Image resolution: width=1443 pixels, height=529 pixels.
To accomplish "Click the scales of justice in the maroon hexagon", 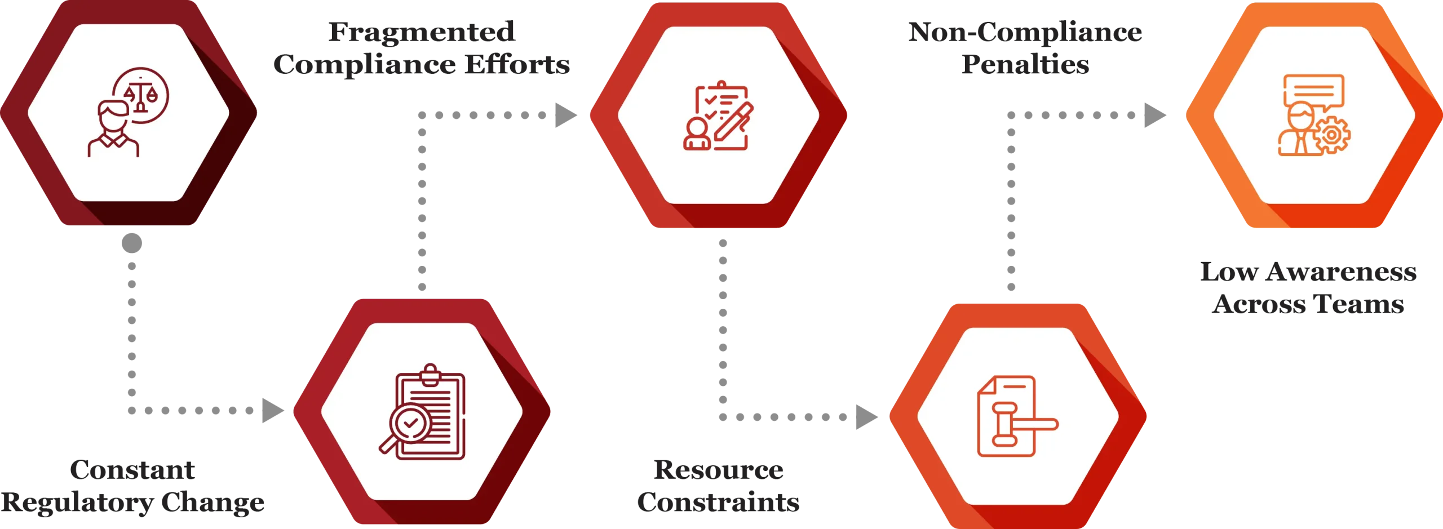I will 140,94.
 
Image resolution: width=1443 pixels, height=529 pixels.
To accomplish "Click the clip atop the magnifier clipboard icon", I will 431,374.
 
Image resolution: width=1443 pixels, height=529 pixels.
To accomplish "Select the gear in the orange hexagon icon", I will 1331,135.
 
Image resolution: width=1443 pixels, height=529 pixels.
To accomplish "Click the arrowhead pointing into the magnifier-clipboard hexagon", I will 274,411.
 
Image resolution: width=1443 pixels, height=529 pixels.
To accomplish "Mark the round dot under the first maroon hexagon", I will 133,244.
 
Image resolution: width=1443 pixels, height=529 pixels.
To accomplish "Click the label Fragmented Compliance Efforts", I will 422,49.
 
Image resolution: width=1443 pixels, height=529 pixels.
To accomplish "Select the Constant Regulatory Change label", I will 133,486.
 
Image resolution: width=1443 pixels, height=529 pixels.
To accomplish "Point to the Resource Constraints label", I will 719,486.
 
